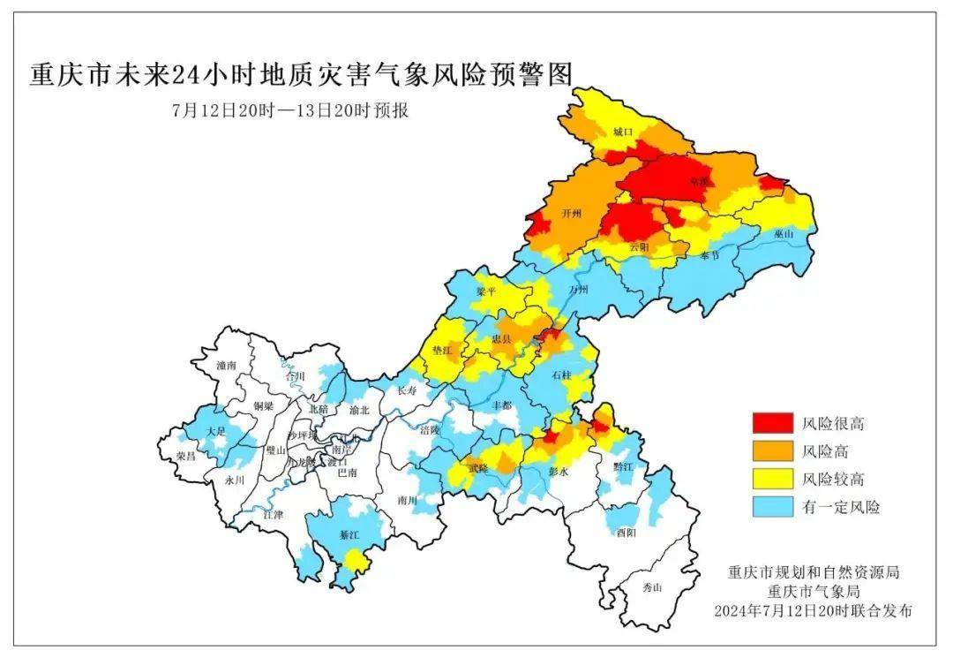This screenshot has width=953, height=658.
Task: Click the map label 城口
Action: pos(623,132)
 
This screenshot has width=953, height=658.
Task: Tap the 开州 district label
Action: pos(571,214)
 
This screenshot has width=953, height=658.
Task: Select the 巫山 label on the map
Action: pos(783,234)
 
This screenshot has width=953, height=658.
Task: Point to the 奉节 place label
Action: pos(710,254)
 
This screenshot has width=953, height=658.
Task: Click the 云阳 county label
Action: pos(639,248)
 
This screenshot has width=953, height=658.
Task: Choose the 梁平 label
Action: pos(486,291)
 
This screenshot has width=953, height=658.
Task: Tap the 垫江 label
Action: pos(441,352)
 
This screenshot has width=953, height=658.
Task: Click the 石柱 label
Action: pos(561,375)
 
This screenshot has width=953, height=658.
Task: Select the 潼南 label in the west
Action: pos(228,364)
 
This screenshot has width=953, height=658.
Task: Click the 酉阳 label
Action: pos(627,532)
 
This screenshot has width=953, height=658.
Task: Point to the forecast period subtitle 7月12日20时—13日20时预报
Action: pos(290,112)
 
